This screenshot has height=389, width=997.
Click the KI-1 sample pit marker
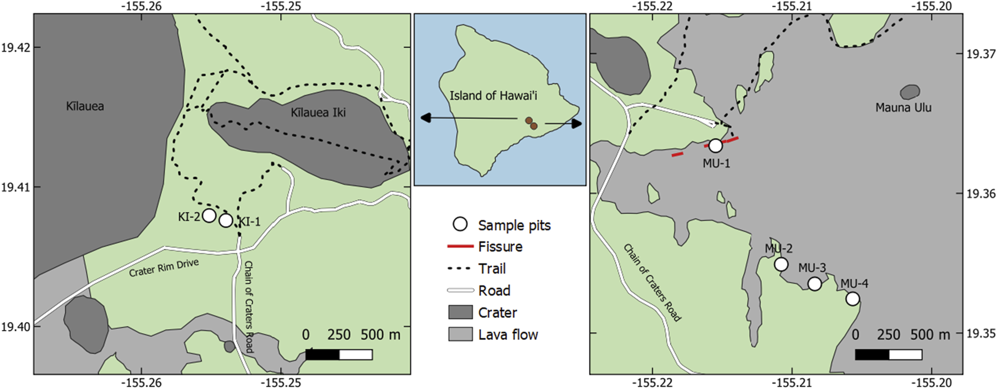pos(226,220)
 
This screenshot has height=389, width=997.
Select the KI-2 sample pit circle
pos(209,215)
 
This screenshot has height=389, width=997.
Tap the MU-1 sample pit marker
pos(715,146)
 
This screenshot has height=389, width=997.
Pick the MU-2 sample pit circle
pos(781,264)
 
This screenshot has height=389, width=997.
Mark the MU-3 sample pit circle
pos(815,284)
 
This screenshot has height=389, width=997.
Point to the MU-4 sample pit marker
pos(852,298)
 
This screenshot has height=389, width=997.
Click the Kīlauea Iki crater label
pos(318,113)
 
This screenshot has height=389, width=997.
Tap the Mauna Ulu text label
pos(903,108)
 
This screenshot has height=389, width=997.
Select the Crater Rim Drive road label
pos(164,268)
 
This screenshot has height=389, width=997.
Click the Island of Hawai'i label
pos(493,96)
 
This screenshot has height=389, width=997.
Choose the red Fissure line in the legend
pos(460,247)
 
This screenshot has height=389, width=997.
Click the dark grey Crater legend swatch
pos(460,312)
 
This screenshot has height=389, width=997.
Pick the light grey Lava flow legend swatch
pos(460,334)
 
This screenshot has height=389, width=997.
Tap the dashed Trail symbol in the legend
pos(460,269)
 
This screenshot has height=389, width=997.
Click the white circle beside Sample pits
pos(460,225)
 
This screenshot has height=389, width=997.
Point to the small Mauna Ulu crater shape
pos(910,92)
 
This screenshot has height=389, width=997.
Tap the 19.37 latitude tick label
pos(980,54)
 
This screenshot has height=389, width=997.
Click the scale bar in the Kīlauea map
pos(339,355)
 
